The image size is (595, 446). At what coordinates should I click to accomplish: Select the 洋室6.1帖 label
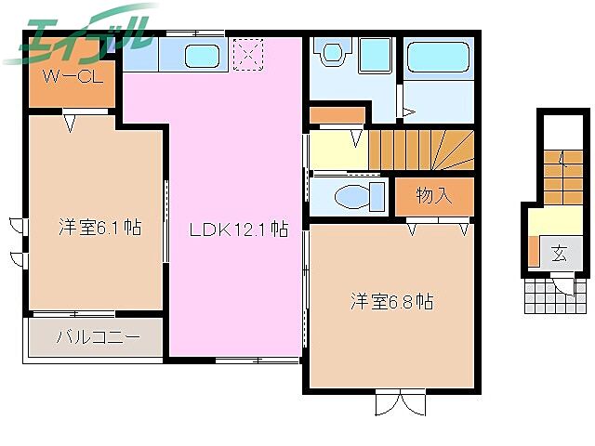tap(99, 226)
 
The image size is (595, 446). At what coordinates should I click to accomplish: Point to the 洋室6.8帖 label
tap(391, 301)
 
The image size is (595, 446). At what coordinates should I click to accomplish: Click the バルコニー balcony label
tap(98, 336)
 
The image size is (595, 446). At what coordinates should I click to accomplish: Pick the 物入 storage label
tap(432, 195)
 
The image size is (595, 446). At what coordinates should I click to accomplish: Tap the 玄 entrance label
tap(558, 254)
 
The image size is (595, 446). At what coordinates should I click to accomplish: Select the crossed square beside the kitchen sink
tap(248, 54)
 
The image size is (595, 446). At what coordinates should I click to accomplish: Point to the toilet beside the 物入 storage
tap(354, 197)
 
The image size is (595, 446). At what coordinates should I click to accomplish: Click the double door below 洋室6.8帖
tap(400, 404)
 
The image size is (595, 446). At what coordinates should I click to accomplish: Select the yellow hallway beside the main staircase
tap(337, 150)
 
